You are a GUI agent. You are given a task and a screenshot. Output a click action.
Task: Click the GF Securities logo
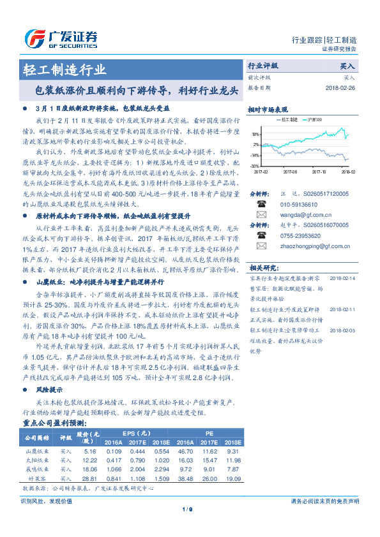click(x=61, y=38)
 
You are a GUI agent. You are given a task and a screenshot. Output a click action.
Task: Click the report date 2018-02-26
click(x=340, y=88)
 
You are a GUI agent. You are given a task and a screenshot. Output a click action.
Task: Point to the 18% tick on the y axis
click(x=255, y=135)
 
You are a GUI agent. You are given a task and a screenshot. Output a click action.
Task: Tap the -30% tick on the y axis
click(x=255, y=166)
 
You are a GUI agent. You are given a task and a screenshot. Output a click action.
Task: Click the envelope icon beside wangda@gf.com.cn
click(x=261, y=216)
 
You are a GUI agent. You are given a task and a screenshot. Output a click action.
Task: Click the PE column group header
click(x=208, y=432)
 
